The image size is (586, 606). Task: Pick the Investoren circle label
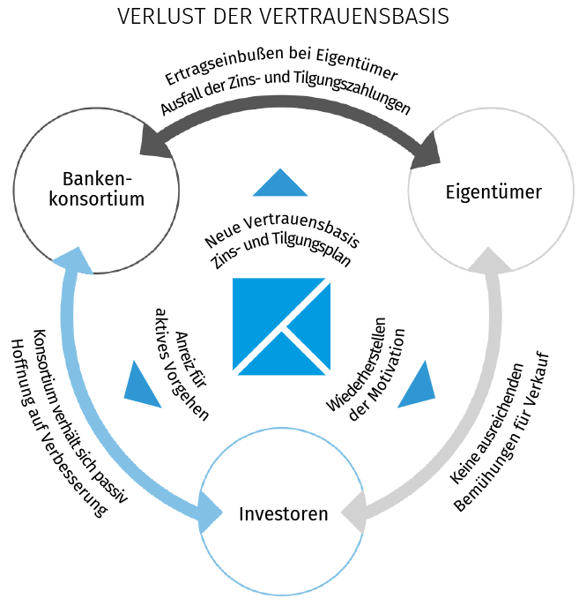coord(283,513)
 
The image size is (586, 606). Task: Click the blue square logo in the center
coord(281,324)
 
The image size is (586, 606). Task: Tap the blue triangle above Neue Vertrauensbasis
coord(279,183)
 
